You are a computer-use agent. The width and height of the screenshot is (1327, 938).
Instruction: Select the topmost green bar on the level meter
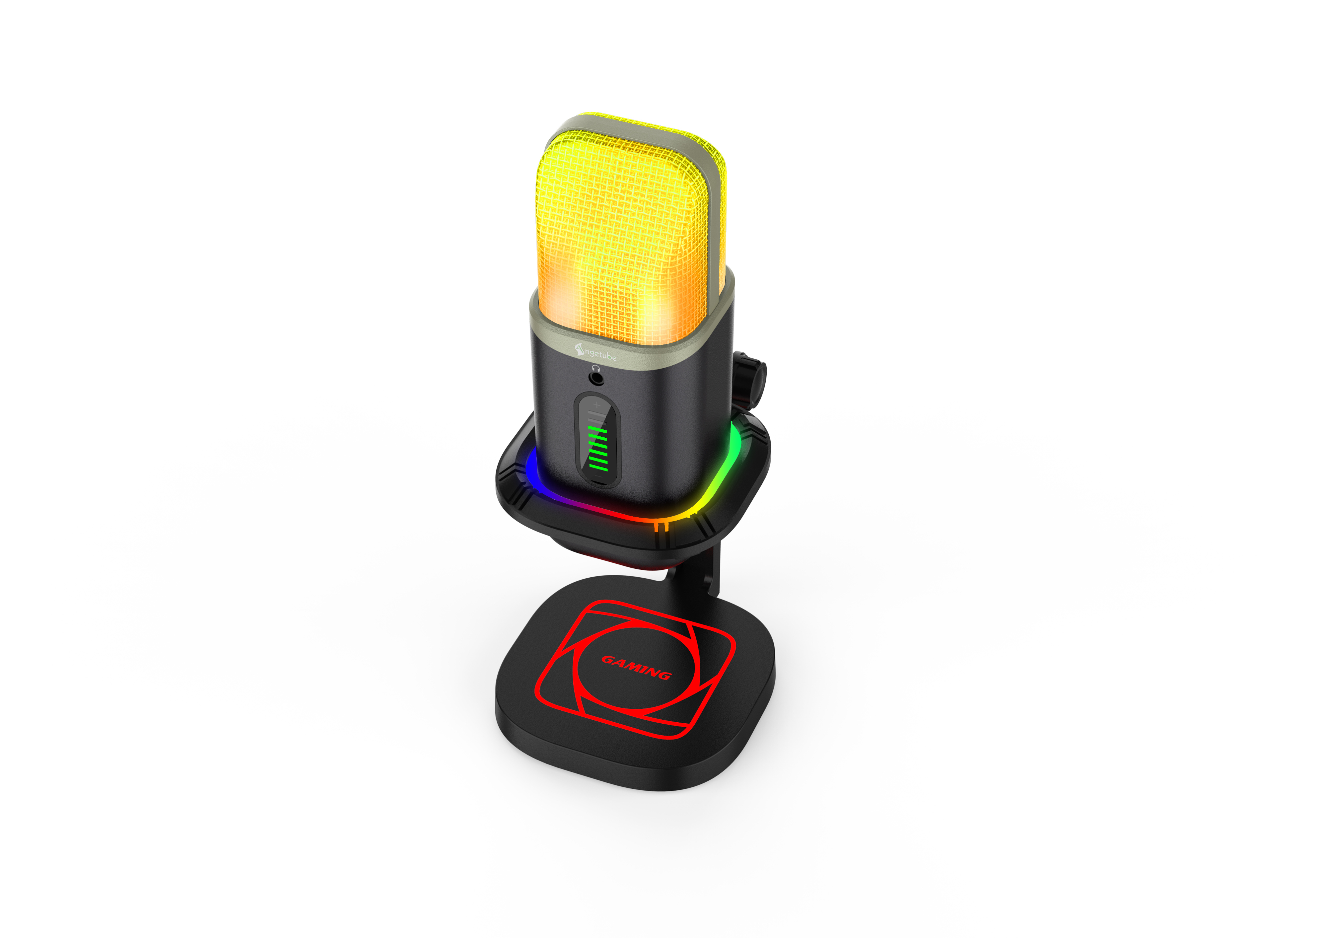click(x=597, y=429)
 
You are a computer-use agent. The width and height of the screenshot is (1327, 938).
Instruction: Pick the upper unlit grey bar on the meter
click(x=596, y=414)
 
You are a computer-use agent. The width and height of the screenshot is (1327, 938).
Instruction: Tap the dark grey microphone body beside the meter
click(x=664, y=433)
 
